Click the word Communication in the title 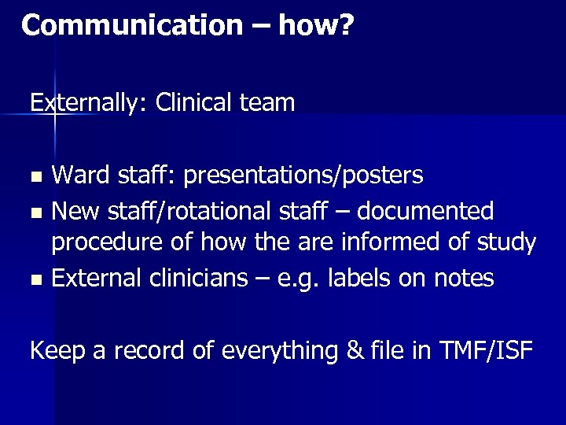pos(132,26)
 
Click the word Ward pos(81,175)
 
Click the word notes pos(465,278)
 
